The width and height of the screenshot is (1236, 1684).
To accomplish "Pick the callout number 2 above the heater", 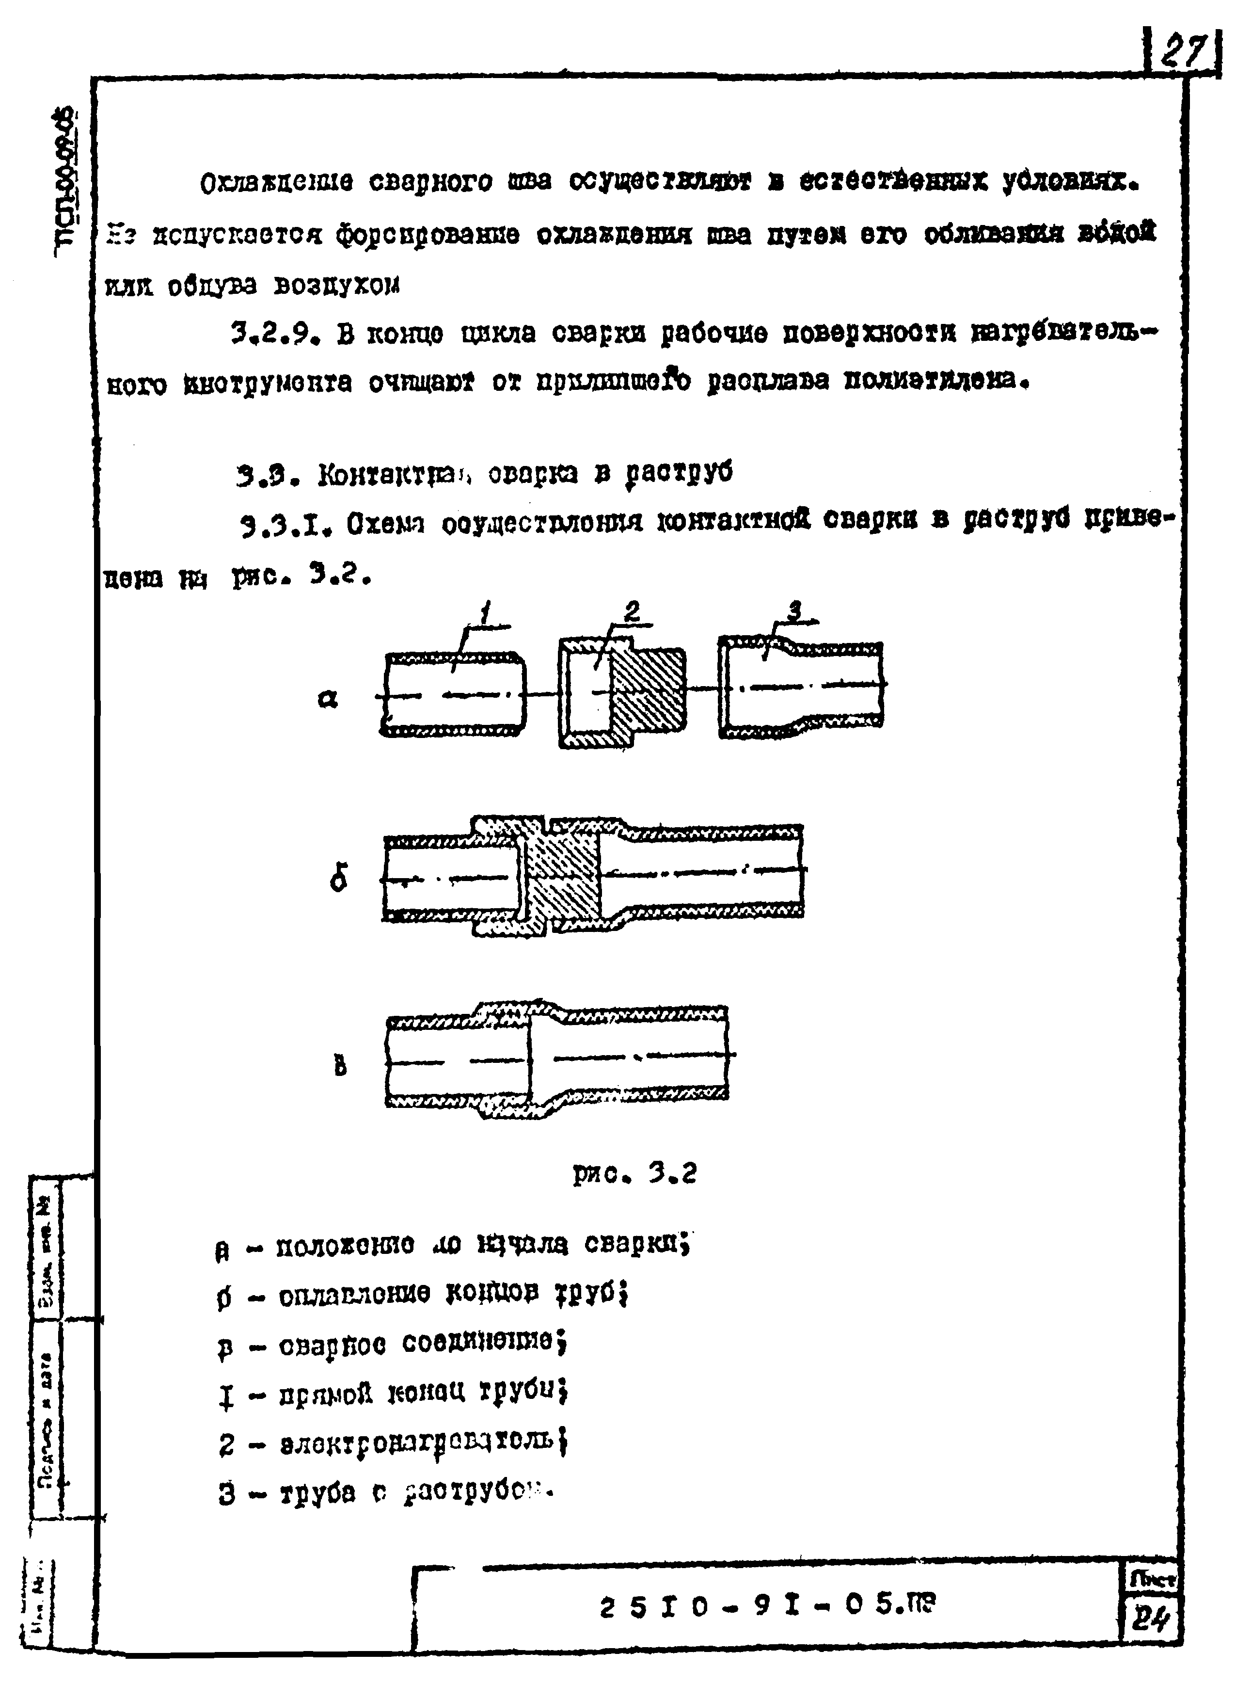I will point(632,612).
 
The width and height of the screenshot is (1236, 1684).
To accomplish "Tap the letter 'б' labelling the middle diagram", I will point(338,879).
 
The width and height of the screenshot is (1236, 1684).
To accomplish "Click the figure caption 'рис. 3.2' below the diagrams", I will point(634,1173).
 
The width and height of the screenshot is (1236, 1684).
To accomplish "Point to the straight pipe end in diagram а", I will point(453,694).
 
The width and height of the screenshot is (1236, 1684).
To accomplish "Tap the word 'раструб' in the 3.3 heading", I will point(680,474).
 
